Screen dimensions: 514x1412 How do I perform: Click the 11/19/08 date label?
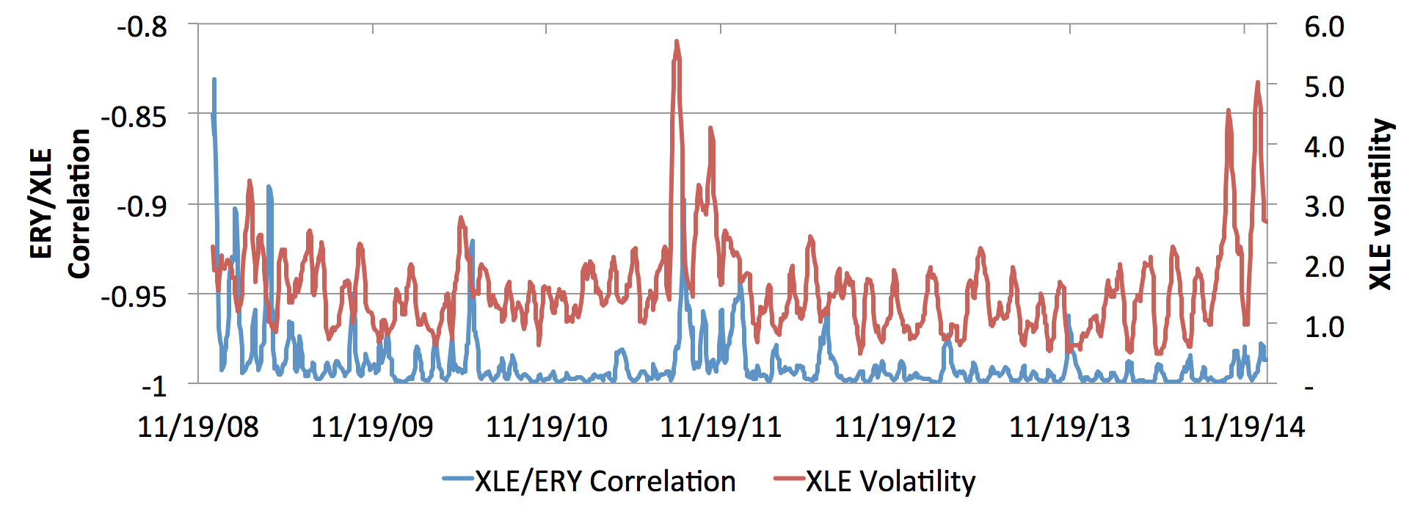click(198, 427)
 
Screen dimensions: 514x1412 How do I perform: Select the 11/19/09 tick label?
click(372, 427)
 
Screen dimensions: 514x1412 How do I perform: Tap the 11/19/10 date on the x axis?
click(547, 427)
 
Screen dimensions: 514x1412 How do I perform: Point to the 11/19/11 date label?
click(721, 427)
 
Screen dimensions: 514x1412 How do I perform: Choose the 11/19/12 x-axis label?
click(895, 427)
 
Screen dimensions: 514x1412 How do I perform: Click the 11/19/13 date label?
click(1069, 427)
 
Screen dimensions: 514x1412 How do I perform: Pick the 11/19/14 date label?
click(1244, 427)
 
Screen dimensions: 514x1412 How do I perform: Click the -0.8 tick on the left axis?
click(142, 27)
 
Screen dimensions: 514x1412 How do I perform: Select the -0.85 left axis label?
click(134, 117)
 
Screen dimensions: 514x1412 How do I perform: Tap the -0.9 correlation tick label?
click(142, 206)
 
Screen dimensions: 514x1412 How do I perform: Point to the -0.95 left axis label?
click(134, 297)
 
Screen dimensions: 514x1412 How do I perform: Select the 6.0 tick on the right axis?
click(1324, 27)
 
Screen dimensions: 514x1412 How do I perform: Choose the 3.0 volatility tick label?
click(1324, 206)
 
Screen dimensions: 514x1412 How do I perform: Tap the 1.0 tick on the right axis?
click(1324, 326)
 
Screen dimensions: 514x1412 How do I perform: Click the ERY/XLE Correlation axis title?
click(60, 204)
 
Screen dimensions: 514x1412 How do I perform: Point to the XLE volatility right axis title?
click(1380, 204)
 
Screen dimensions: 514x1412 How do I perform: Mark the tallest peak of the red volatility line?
click(676, 42)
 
